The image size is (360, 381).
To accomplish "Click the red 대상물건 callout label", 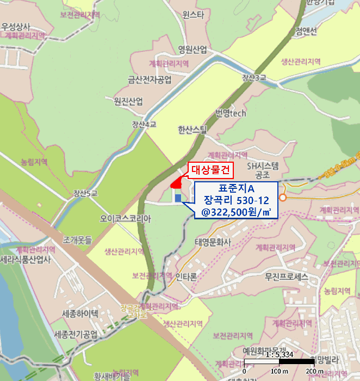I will point(212,171).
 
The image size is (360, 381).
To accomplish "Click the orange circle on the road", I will point(282,198).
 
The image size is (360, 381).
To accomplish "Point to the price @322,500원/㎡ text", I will point(236,211).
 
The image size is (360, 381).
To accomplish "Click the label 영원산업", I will point(193,50).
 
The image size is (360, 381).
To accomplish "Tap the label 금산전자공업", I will point(150,79).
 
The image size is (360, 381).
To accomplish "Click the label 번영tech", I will point(231,113).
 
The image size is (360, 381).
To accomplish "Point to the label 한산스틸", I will point(193,130).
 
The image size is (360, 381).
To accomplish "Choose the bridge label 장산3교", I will point(254,78).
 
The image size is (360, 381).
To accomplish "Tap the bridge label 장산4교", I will point(144,125).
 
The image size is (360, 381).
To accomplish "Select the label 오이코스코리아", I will point(125,218).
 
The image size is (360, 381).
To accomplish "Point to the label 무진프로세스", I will point(287,277).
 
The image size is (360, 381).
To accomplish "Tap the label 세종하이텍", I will point(80,314).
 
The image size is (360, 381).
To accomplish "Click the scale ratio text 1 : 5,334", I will point(263,354).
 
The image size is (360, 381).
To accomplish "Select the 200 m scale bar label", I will point(314,371).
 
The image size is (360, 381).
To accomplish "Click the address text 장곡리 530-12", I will point(236,200).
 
